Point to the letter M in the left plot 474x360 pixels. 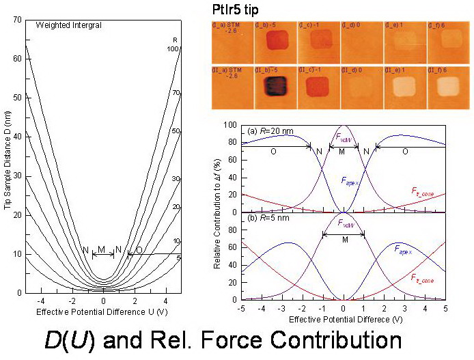[x=102, y=250]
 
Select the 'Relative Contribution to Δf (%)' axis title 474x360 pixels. [x=217, y=212]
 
